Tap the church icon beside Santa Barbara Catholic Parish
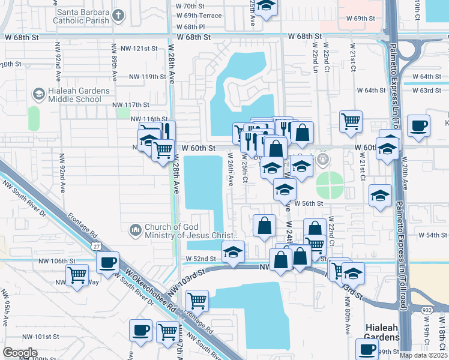[x=119, y=15]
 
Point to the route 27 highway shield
[x=96, y=245]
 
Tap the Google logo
[x=20, y=353]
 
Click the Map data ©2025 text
[x=423, y=355]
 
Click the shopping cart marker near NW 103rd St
[x=197, y=300]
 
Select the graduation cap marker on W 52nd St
[x=233, y=251]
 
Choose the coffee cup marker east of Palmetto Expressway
[x=418, y=126]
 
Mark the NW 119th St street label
[x=147, y=77]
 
